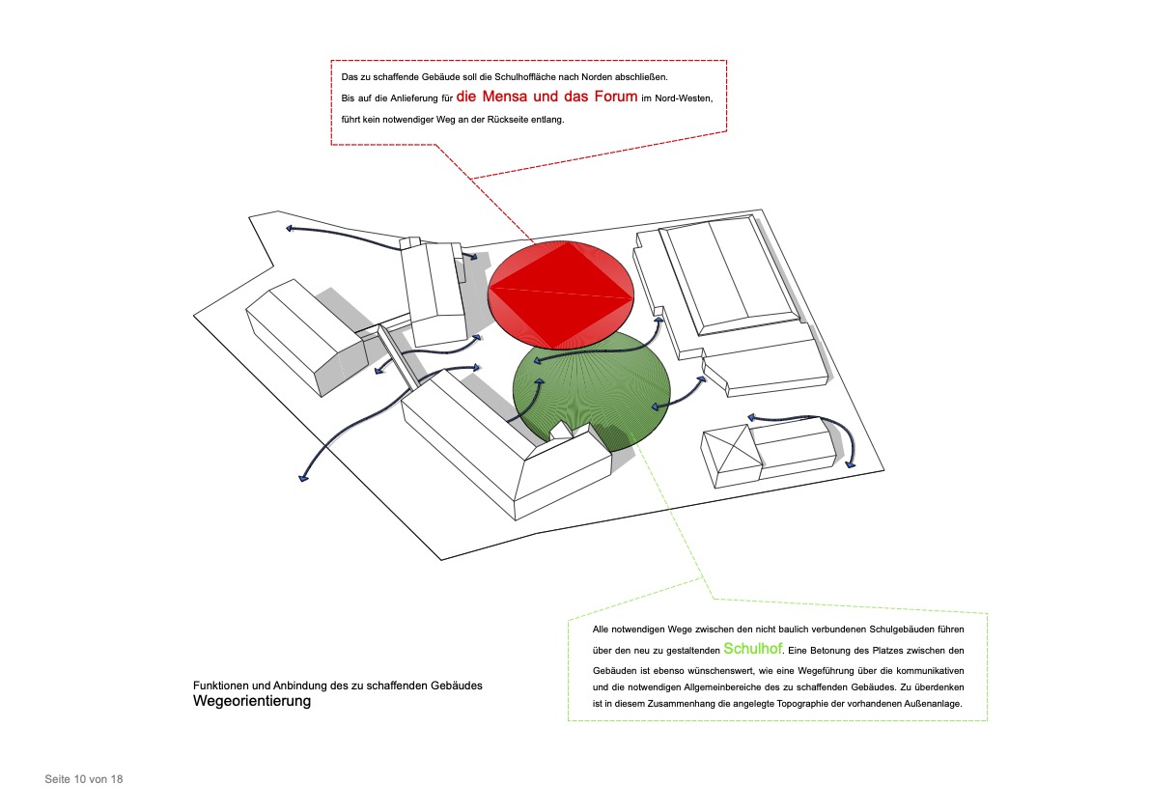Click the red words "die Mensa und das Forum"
coord(546,96)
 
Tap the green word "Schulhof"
coord(752,649)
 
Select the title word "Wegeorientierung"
coord(252,701)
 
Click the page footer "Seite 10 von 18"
coord(84,779)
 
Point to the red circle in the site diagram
coord(561,294)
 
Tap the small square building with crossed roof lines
coord(731,456)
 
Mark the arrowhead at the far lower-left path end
coord(303,479)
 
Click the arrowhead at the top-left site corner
coord(290,229)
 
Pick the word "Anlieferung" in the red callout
coord(414,98)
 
